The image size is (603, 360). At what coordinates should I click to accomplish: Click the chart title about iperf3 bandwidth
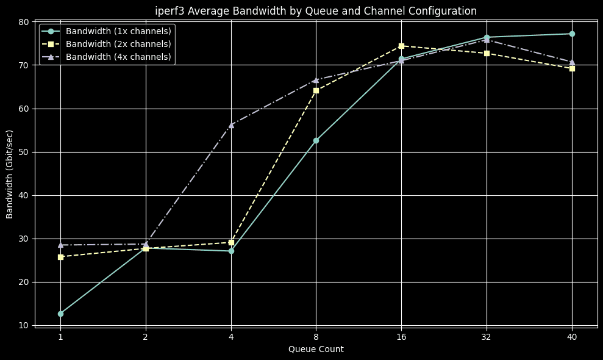click(x=316, y=11)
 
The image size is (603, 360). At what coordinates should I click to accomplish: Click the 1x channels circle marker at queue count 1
click(x=60, y=314)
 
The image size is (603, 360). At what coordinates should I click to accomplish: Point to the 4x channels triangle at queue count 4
click(x=231, y=124)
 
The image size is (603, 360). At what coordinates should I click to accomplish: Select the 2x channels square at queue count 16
click(x=401, y=46)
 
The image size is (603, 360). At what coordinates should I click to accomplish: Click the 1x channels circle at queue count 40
click(x=572, y=34)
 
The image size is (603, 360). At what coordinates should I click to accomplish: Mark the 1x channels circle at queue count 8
click(x=316, y=140)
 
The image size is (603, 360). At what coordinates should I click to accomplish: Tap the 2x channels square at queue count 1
click(x=60, y=257)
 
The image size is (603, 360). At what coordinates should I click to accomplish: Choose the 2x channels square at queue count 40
click(x=572, y=68)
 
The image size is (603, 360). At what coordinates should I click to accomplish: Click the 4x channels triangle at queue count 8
click(x=316, y=80)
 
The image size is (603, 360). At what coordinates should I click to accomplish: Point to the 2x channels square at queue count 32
click(x=487, y=53)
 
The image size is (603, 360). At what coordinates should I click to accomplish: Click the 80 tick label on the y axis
click(x=24, y=22)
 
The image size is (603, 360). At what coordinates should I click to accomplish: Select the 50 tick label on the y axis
click(x=24, y=152)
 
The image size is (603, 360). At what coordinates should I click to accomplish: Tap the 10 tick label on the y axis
click(x=24, y=325)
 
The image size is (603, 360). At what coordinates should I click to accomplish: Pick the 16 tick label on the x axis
click(x=401, y=337)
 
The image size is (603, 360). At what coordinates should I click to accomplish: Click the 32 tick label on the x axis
click(x=487, y=337)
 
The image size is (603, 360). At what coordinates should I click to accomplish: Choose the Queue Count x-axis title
click(x=316, y=349)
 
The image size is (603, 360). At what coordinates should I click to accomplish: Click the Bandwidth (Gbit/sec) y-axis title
click(x=10, y=174)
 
